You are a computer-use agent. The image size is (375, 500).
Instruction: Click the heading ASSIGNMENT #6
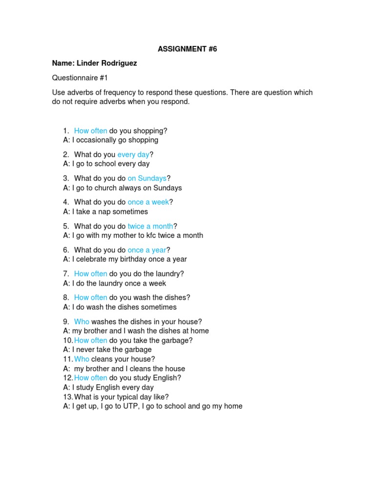coord(187,49)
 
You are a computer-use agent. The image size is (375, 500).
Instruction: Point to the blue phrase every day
coord(133,155)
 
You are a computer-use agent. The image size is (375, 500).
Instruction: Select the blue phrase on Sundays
coord(147,179)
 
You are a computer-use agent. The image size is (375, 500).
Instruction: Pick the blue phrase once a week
coord(148,202)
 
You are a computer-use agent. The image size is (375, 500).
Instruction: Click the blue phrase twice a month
coord(150,226)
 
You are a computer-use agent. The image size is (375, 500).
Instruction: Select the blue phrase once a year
coord(147,250)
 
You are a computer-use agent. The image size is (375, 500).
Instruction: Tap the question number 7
coord(66,274)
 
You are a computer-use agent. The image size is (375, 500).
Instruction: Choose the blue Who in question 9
coord(82,322)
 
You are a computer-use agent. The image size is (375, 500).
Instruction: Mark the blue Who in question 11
coord(82,359)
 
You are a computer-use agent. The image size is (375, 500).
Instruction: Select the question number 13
coord(67,397)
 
